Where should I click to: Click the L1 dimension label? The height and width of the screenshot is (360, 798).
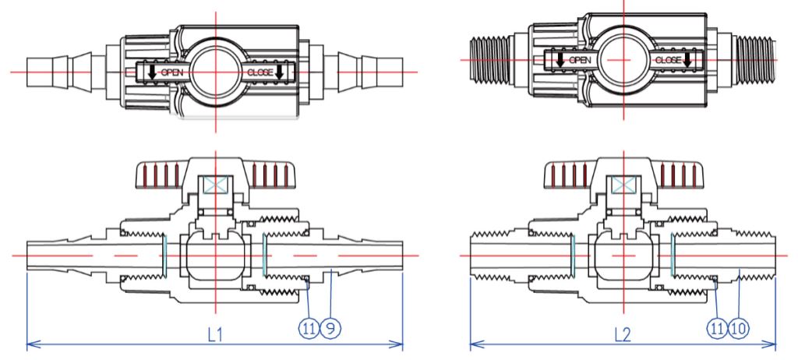coord(215,334)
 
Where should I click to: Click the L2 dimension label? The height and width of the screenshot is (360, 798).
coord(623,334)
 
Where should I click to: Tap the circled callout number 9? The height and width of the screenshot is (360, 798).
coord(330,329)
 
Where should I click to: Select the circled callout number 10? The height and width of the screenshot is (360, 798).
coord(740,329)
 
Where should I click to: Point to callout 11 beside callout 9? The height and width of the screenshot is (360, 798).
coord(309,329)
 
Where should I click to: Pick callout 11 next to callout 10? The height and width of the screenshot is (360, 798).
coord(718,329)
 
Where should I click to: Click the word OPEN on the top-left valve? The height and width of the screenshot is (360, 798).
coord(172,72)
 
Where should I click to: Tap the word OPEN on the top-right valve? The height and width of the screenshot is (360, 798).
coord(580,60)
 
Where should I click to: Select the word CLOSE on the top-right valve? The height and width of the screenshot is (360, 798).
coord(668,60)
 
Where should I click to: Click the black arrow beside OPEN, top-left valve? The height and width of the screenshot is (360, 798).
coord(152,72)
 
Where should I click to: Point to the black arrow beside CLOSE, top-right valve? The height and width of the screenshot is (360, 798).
coord(687,59)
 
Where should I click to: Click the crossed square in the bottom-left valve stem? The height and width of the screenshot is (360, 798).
coord(216,185)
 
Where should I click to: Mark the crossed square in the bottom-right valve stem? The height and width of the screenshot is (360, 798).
coord(623,185)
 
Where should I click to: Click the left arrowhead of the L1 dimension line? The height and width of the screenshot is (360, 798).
coord(31,344)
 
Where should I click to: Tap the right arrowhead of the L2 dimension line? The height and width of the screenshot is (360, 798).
coord(771,344)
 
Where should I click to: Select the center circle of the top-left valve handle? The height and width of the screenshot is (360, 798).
coord(216,72)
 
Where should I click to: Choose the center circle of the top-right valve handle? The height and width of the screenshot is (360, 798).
coord(623,60)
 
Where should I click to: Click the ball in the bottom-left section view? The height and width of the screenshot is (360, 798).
coord(216,256)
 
